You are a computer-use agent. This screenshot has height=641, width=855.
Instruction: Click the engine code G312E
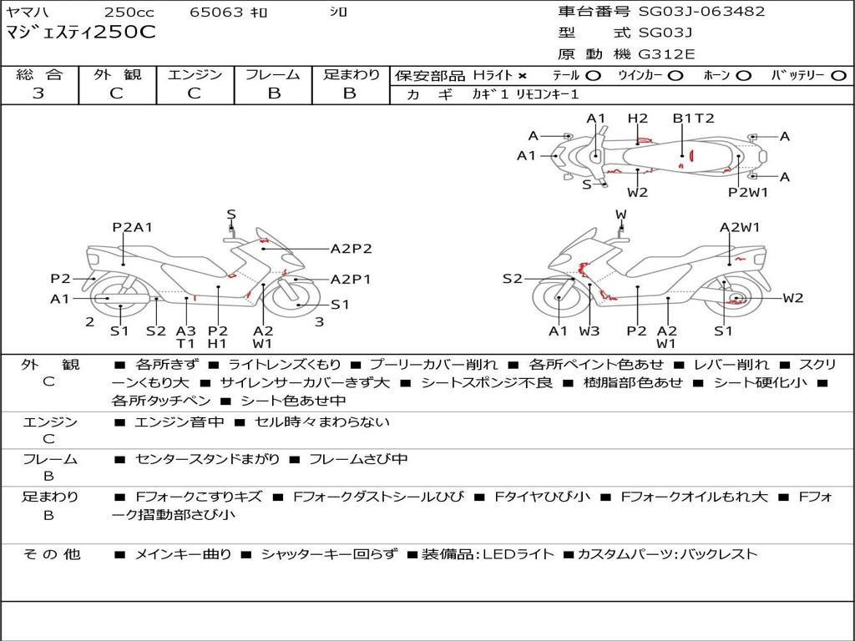[666, 55]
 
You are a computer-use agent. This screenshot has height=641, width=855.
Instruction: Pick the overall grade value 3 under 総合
[38, 93]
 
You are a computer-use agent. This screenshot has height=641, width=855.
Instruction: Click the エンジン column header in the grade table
[195, 75]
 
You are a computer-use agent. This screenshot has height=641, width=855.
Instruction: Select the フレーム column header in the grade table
[273, 75]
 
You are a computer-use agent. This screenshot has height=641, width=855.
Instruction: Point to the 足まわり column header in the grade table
[351, 75]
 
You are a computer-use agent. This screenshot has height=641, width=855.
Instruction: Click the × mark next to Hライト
[523, 76]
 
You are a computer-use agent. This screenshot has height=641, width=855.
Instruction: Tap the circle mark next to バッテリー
[838, 76]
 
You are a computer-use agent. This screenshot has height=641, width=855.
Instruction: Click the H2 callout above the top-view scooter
[638, 119]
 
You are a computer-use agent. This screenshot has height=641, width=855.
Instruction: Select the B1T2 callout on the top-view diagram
[694, 119]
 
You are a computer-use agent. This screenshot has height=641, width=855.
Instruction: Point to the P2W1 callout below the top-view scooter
[747, 193]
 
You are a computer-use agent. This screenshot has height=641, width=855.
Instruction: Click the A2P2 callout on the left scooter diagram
[351, 248]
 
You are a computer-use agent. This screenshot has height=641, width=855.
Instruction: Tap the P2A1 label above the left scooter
[133, 227]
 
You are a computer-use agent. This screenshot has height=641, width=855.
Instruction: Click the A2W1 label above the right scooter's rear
[740, 227]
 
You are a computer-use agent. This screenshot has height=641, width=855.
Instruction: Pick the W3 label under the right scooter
[589, 331]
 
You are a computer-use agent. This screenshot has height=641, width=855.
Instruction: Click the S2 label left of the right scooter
[513, 279]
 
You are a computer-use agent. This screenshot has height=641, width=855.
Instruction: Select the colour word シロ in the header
[338, 13]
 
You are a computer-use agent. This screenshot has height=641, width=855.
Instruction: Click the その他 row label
[51, 554]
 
